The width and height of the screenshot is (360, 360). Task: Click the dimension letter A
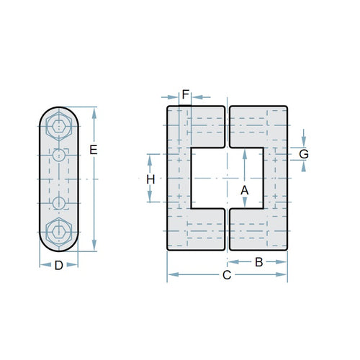[244, 189]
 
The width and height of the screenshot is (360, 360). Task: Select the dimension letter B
[258, 262]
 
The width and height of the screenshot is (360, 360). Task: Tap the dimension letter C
[226, 275]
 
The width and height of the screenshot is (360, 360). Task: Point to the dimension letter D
[58, 265]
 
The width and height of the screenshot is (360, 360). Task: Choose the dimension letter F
[185, 94]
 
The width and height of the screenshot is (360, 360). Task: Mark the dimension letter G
[304, 154]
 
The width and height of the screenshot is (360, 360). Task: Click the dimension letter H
[150, 179]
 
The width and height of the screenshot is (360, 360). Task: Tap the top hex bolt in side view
[58, 128]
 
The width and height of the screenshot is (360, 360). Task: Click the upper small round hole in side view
[58, 155]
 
